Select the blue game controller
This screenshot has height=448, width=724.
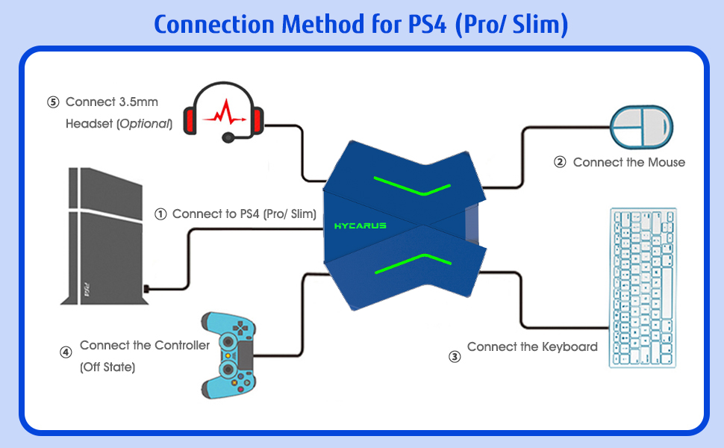tap(228, 355)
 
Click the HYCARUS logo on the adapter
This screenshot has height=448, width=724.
tap(361, 225)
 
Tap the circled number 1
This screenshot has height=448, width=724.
tap(160, 214)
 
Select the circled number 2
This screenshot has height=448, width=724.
tap(561, 162)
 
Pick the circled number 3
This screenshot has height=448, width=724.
tap(455, 356)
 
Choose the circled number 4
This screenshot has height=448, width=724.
tap(66, 352)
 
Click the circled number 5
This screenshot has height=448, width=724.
tap(52, 102)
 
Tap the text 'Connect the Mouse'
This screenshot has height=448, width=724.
tap(628, 162)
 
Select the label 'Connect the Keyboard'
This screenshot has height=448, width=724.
tap(532, 346)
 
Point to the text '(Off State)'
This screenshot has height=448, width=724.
tap(107, 367)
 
